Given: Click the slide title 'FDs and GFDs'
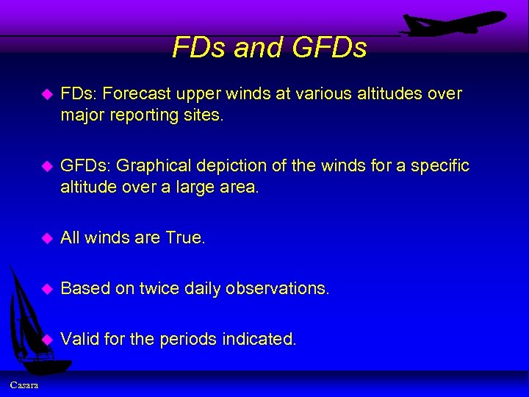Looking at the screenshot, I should [x=269, y=48].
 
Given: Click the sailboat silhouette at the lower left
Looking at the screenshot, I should [x=29, y=323].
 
